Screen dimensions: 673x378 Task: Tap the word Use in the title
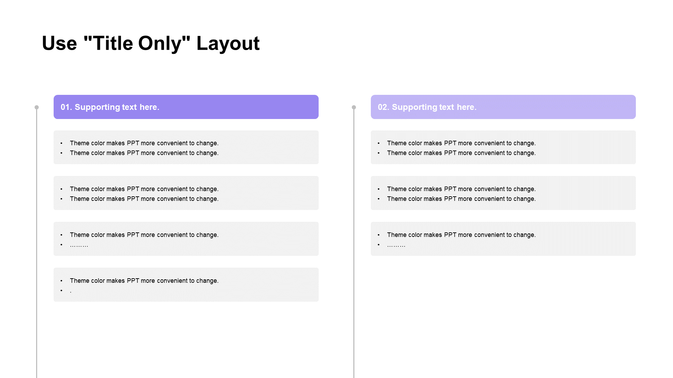click(x=59, y=43)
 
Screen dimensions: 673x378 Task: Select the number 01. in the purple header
click(x=66, y=107)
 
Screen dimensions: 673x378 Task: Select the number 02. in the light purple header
click(x=383, y=107)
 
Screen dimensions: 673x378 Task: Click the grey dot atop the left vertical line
click(x=36, y=107)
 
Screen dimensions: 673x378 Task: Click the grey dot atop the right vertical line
click(x=354, y=107)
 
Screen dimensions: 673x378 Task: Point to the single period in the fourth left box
click(x=70, y=292)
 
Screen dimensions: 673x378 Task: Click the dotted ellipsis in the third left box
click(x=79, y=246)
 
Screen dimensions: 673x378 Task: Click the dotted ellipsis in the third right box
click(x=396, y=246)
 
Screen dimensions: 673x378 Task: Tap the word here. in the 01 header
click(x=149, y=107)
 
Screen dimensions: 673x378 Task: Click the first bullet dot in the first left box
click(x=61, y=143)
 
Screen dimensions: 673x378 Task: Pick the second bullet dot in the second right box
click(x=379, y=199)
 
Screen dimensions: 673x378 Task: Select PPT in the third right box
click(x=450, y=235)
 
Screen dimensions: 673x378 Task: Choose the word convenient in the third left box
click(x=172, y=235)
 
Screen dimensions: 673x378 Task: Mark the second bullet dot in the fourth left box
click(x=61, y=290)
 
